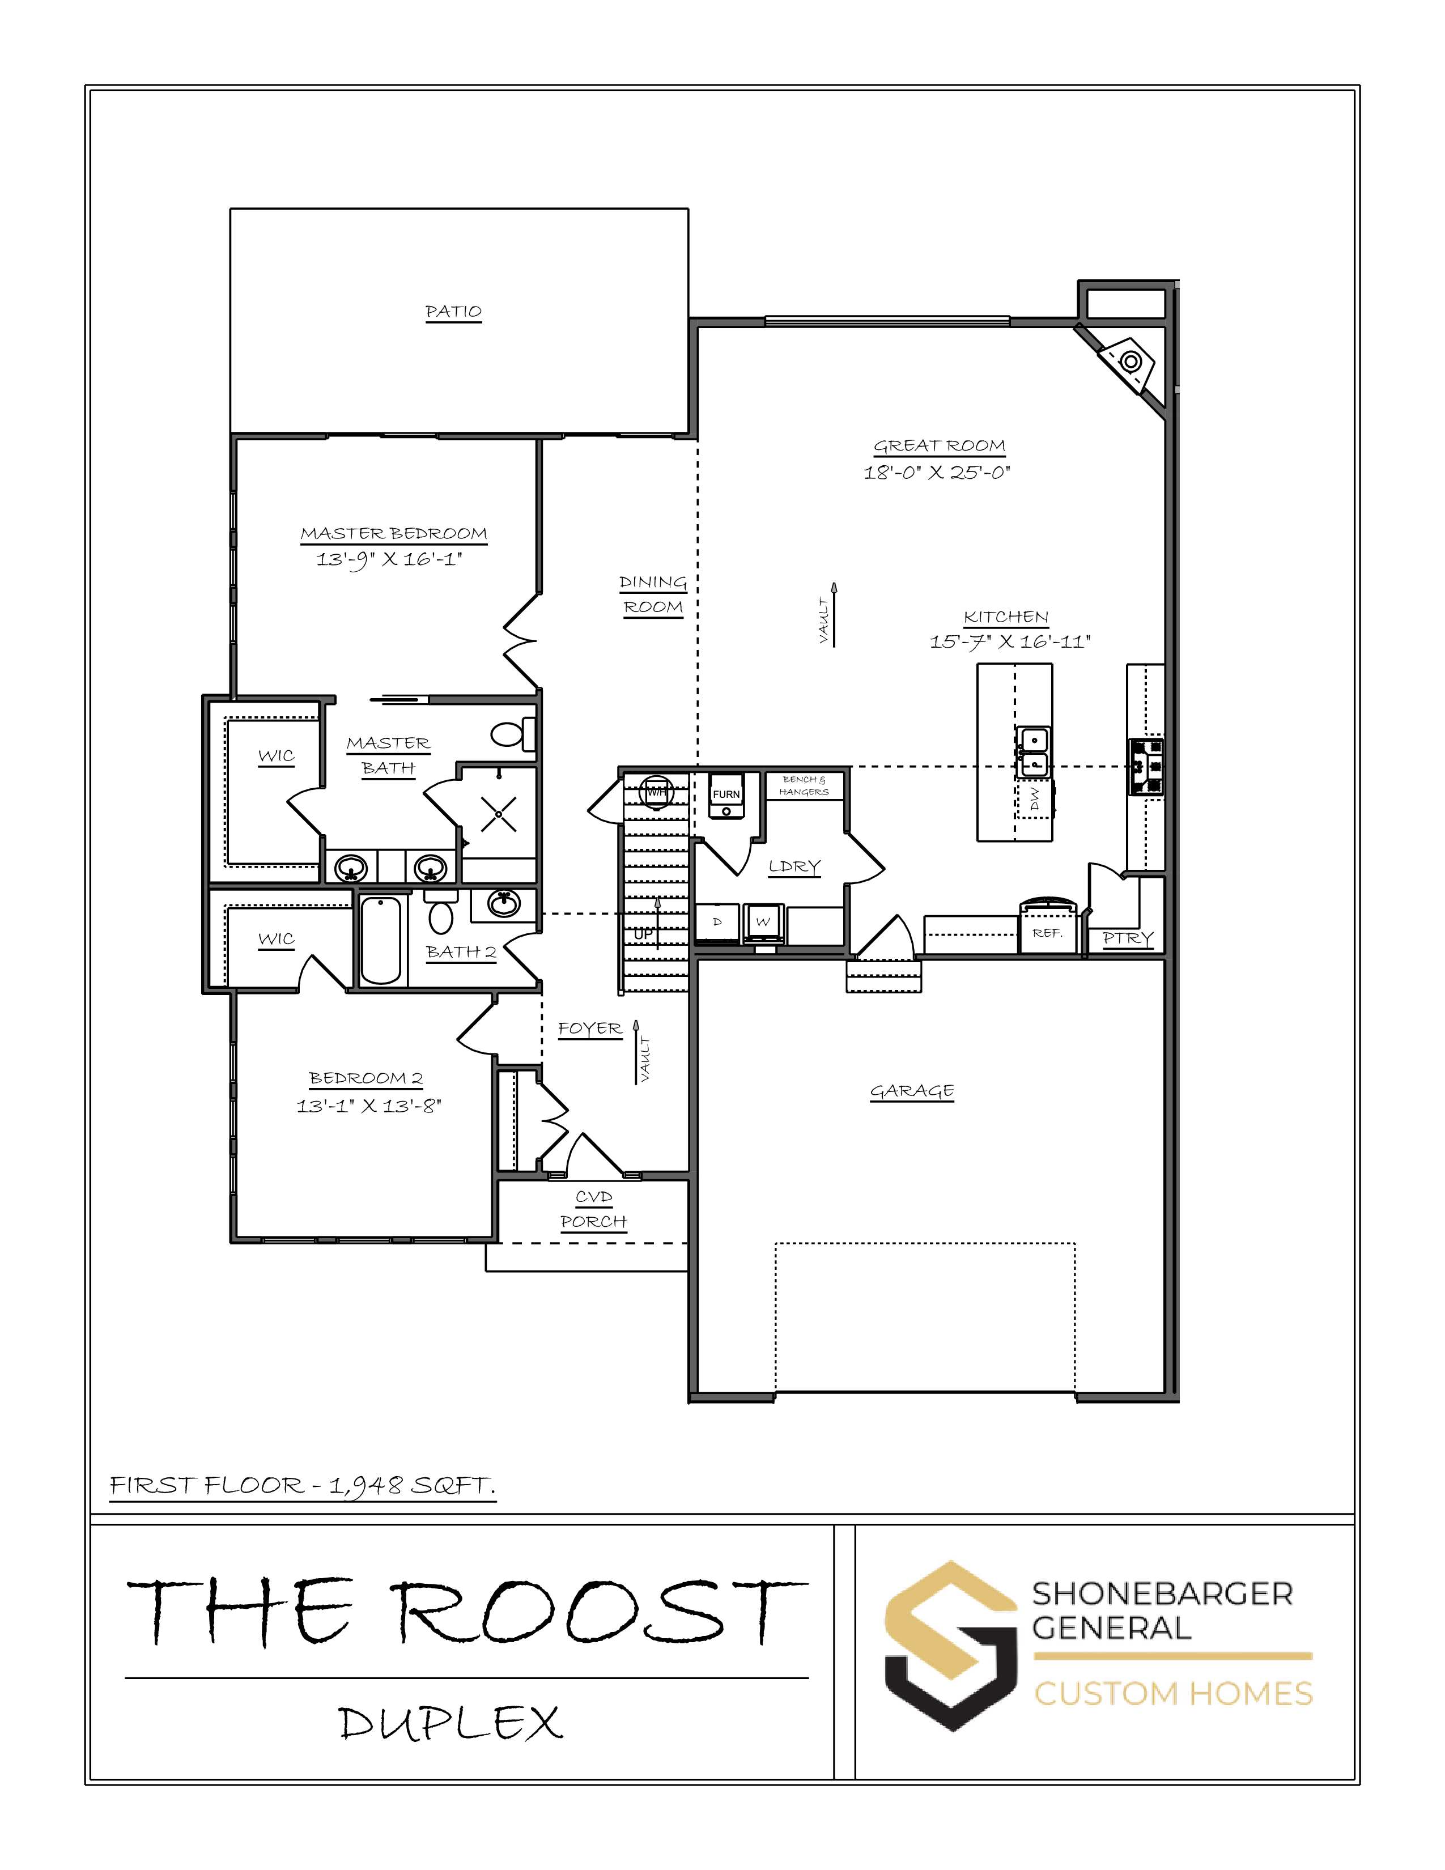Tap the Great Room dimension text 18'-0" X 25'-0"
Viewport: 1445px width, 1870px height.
937,472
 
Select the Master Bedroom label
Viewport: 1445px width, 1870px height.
394,533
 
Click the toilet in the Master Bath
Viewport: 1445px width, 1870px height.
513,734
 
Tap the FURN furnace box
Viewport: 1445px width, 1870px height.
726,796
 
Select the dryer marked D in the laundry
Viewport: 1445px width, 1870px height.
717,921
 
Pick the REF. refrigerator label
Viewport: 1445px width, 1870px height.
1047,933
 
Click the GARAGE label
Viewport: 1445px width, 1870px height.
912,1091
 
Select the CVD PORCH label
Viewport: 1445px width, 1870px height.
594,1209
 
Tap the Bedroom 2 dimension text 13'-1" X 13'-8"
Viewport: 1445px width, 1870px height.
369,1106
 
